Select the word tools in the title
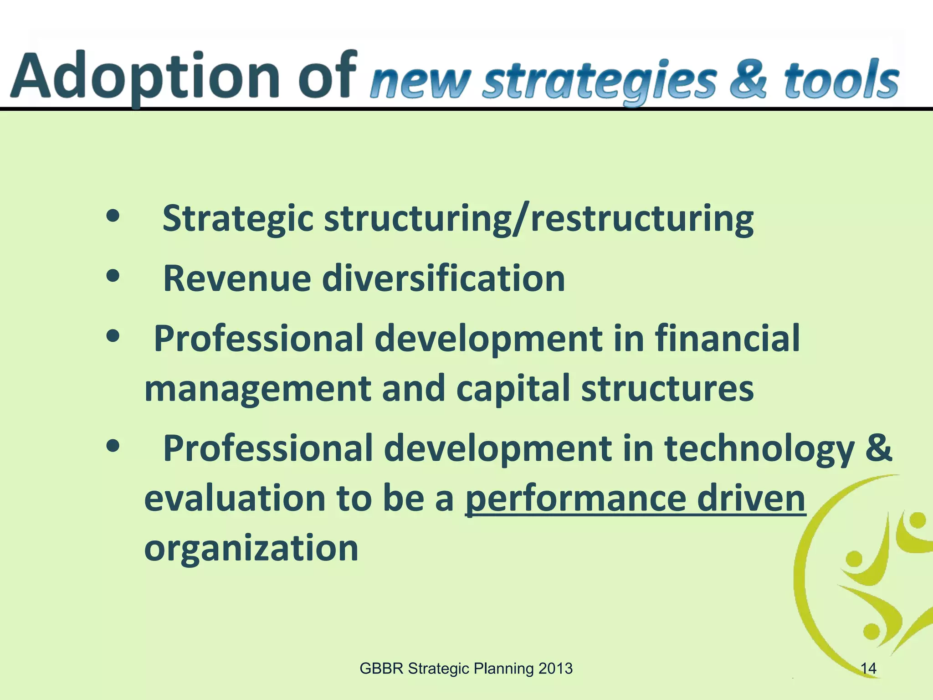pyautogui.click(x=841, y=80)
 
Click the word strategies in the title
pyautogui.click(x=600, y=82)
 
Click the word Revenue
pyautogui.click(x=237, y=278)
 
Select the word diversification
pyautogui.click(x=444, y=278)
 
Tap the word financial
pyautogui.click(x=727, y=338)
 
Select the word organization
pyautogui.click(x=251, y=548)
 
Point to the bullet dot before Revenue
pyautogui.click(x=113, y=275)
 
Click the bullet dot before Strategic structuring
pyautogui.click(x=113, y=216)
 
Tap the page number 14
pyautogui.click(x=868, y=669)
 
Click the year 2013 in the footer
pyautogui.click(x=555, y=669)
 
